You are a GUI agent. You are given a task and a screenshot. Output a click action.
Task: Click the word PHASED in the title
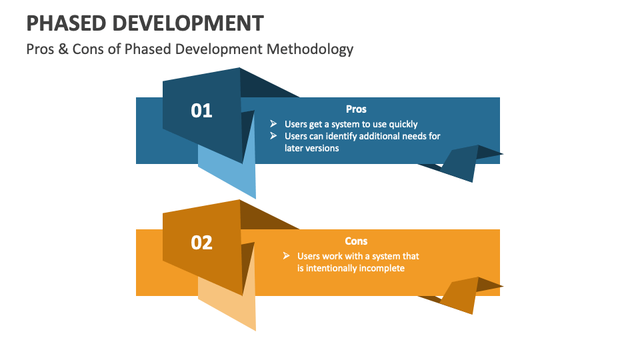(65, 23)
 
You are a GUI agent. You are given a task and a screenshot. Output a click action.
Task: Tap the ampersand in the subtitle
(63, 49)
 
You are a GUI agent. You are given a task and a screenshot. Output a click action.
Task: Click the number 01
(201, 111)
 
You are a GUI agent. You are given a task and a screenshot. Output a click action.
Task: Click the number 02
(201, 243)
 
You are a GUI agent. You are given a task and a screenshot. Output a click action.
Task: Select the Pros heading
(356, 109)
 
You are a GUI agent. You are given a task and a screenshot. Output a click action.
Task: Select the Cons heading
(356, 241)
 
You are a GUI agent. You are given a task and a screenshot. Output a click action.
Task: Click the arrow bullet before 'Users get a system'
(273, 124)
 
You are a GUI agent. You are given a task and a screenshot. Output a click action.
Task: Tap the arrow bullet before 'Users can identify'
(273, 136)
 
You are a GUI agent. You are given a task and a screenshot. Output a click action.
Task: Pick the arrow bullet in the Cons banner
(286, 256)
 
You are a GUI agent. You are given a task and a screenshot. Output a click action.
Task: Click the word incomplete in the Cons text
(381, 268)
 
